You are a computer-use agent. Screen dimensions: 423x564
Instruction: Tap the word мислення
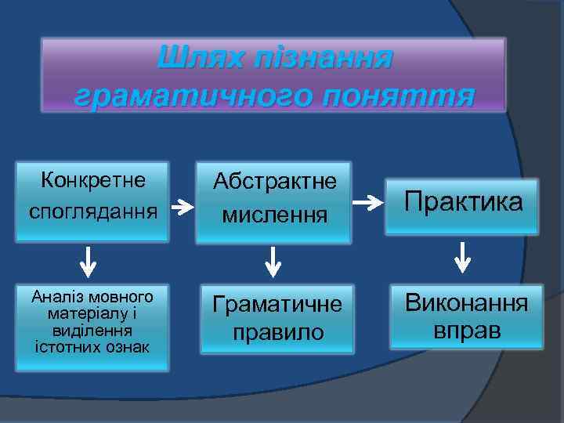pos(274,214)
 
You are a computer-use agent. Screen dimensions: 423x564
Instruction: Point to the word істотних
pos(63,345)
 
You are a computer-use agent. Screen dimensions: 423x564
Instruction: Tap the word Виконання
pos(466,303)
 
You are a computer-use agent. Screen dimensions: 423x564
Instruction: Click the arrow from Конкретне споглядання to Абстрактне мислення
pos(183,208)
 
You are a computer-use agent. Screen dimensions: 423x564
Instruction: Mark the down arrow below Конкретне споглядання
pos(90,262)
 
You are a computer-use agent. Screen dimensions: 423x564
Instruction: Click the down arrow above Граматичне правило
pos(273,262)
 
